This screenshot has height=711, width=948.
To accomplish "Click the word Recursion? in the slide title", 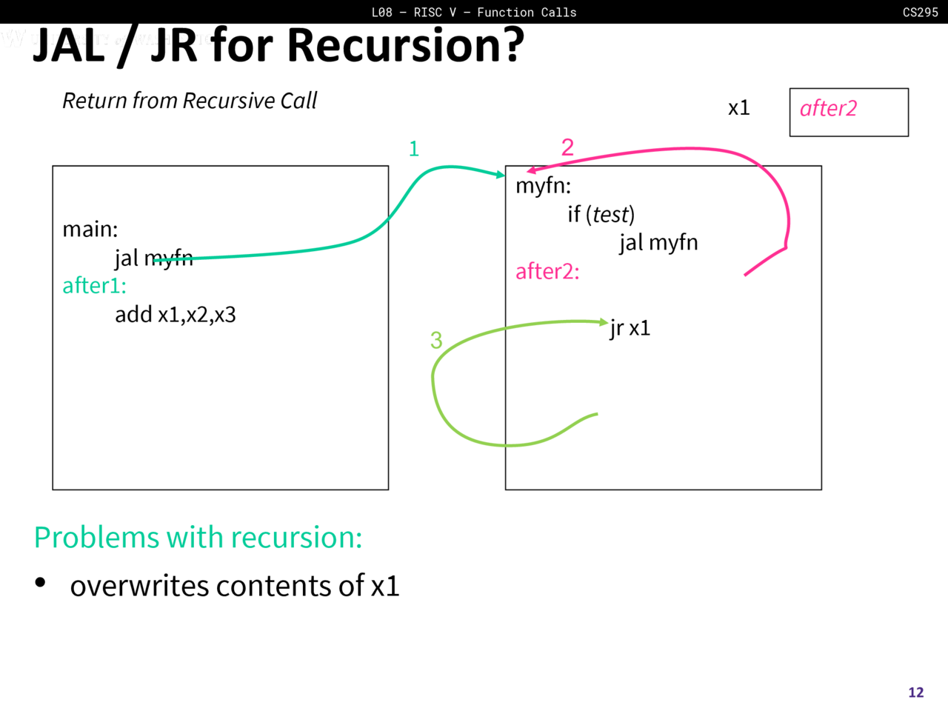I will pos(405,46).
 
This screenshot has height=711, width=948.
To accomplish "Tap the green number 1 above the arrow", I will pos(414,149).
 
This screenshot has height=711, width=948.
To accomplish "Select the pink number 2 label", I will pos(567,147).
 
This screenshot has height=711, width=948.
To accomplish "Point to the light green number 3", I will pos(436,340).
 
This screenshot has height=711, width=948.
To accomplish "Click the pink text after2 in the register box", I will pos(828,109).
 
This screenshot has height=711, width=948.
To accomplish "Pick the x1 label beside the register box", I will pos(738,108).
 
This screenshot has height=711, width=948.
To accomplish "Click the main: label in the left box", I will pos(90,229).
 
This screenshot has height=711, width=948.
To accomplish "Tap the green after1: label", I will pos(94,286).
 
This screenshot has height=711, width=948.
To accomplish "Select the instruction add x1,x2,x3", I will pos(175,315).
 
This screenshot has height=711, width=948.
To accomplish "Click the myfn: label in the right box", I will pos(543,185).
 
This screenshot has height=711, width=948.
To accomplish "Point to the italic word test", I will pos(610,215).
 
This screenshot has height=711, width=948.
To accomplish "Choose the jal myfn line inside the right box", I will pos(658,243).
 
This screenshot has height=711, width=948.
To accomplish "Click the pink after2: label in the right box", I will pos(547,272).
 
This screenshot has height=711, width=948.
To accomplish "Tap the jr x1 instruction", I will pos(630,328).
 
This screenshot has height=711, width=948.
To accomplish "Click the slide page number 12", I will pos(916,692).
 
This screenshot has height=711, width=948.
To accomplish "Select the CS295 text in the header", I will pos(920,12).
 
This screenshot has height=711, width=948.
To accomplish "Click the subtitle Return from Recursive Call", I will pos(190,101).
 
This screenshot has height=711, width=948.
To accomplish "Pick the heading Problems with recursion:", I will pos(198,538).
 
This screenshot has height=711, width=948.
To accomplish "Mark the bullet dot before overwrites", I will pos(40,583).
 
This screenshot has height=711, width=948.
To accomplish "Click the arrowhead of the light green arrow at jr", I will pos(604,322).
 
